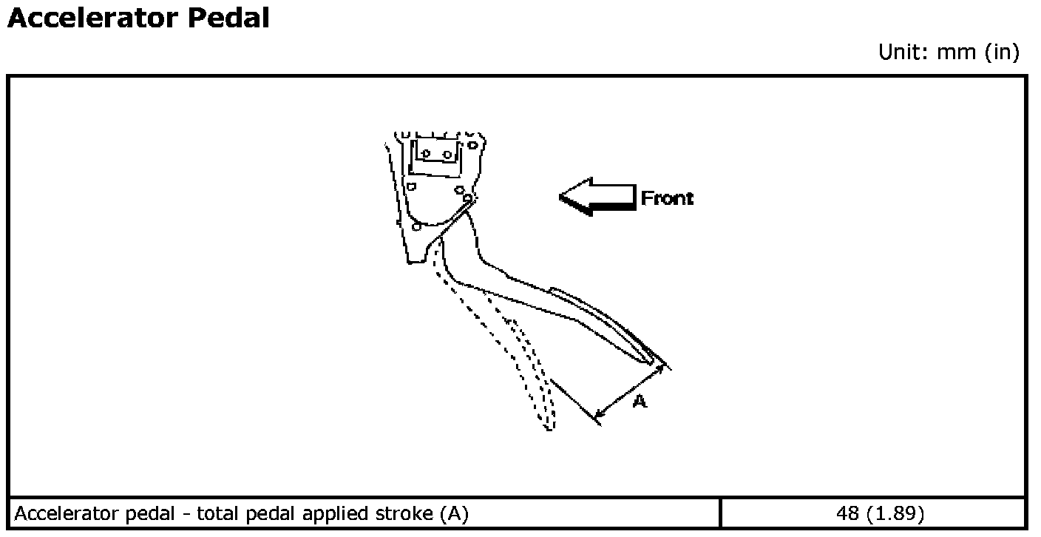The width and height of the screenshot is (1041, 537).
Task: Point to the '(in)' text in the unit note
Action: (x=1002, y=53)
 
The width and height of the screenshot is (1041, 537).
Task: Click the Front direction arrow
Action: (x=596, y=197)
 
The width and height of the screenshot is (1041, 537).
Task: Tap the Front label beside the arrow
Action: (x=667, y=198)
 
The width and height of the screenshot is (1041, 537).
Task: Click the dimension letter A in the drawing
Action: (x=640, y=402)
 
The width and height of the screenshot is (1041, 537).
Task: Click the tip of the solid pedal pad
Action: (x=654, y=360)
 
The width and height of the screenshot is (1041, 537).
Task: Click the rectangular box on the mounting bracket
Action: (x=435, y=155)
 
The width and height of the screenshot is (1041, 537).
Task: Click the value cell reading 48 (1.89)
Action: (x=872, y=513)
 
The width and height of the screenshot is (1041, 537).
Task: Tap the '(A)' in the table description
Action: (x=452, y=513)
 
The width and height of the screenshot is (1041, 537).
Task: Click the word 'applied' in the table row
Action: (x=337, y=513)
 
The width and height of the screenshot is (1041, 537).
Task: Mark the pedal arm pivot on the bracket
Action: (x=467, y=198)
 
